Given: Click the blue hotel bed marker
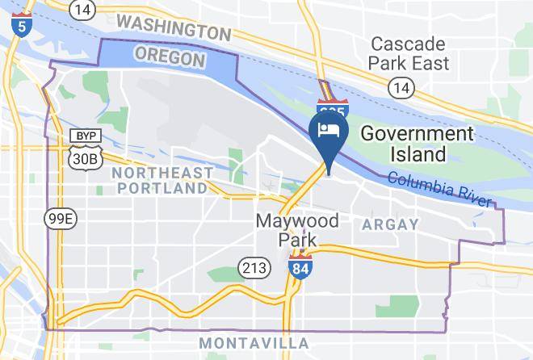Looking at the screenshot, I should click(x=329, y=132).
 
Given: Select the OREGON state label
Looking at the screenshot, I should click(x=169, y=57).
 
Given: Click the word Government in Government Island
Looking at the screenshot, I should click(x=417, y=133).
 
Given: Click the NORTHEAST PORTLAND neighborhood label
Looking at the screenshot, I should click(x=162, y=180).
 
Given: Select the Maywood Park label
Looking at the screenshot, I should click(x=297, y=229).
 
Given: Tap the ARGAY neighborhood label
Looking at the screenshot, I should click(x=391, y=224).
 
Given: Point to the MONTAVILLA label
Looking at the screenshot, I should click(x=254, y=343).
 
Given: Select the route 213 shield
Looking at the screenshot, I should click(x=250, y=267).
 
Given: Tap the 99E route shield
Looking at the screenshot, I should click(x=61, y=217).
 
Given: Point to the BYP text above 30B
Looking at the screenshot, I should click(x=84, y=136).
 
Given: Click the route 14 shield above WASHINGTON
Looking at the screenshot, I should click(x=81, y=9).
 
